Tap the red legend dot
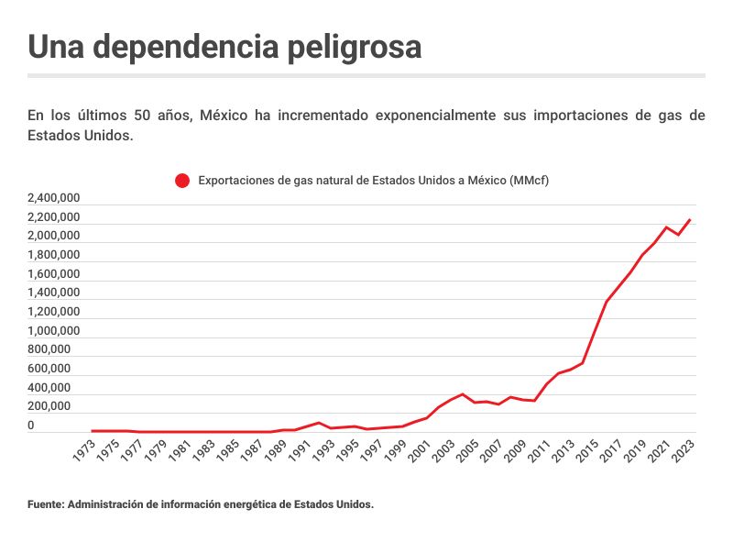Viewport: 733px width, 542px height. (x=182, y=181)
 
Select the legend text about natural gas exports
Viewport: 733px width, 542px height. (x=373, y=181)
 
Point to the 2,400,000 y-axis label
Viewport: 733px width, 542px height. (x=54, y=198)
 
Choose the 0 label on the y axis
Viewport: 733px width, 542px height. (x=30, y=426)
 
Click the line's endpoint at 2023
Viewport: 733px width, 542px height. (x=690, y=220)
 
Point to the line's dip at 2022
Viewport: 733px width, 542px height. (x=678, y=235)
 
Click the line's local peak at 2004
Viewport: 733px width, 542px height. (x=463, y=394)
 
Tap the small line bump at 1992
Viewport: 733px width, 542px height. (x=319, y=423)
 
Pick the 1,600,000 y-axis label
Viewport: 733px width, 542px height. (x=54, y=274)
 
